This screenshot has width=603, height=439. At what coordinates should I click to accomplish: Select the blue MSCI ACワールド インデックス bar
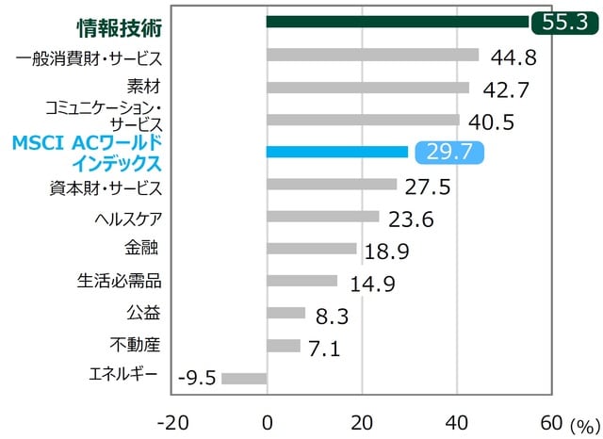click(x=337, y=152)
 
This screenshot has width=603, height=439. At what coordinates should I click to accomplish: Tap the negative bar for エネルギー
click(x=244, y=378)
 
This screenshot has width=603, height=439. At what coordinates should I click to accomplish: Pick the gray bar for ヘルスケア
click(x=323, y=217)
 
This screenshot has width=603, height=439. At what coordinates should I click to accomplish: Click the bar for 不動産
click(x=284, y=346)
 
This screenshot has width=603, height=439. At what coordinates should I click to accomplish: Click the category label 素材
click(x=145, y=88)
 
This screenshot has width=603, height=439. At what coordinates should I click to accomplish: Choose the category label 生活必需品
click(x=120, y=281)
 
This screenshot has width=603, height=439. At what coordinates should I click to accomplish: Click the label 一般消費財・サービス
click(x=90, y=57)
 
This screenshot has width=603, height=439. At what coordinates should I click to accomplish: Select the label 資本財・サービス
click(x=105, y=185)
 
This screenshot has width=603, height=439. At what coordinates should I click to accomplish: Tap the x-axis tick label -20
click(x=172, y=419)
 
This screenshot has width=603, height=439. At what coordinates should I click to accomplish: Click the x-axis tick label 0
click(x=268, y=419)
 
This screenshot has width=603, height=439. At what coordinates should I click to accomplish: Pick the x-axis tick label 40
click(x=457, y=419)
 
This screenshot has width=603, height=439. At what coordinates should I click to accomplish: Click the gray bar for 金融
click(x=312, y=249)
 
